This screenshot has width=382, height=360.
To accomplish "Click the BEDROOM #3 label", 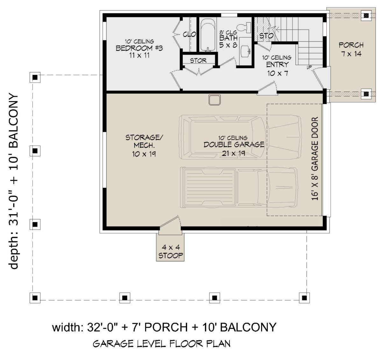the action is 139,48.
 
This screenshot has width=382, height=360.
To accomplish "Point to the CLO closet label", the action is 189,34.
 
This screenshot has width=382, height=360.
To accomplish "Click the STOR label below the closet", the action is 198,61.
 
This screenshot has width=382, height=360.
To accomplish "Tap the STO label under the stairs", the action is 266,36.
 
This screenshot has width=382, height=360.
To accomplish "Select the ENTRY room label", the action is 277,65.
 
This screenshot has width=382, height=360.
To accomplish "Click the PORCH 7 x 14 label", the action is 351,49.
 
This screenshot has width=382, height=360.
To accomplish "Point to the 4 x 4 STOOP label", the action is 171,251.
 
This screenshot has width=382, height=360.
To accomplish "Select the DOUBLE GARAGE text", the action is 234,145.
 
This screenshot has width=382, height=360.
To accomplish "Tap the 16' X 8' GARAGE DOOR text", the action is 315,159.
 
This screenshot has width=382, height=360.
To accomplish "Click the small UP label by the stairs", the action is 309,67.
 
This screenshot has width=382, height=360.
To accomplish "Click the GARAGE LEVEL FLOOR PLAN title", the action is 162,344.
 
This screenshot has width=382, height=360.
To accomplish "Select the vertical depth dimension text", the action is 13,181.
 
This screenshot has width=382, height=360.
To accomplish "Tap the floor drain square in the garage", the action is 215,100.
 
